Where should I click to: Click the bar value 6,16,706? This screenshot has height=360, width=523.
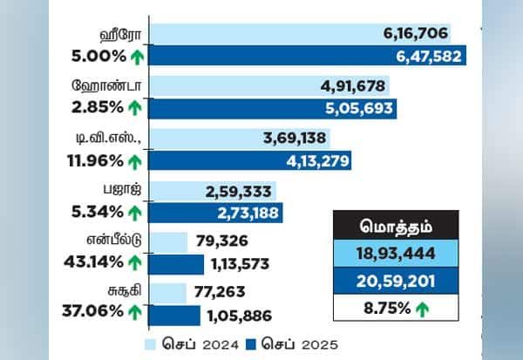[x=415, y=34]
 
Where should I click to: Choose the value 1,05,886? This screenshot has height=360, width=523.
[x=236, y=316]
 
